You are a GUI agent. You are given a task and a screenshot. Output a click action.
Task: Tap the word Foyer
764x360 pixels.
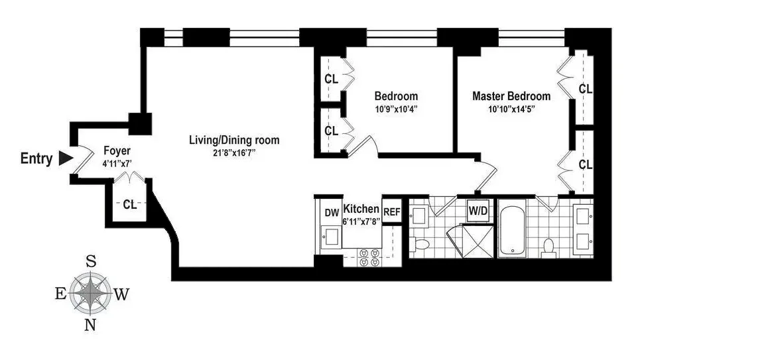tap(116, 150)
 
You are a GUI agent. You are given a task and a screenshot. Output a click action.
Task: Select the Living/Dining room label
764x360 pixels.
tap(234, 140)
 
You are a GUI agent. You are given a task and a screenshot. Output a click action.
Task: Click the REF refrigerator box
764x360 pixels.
tap(392, 213)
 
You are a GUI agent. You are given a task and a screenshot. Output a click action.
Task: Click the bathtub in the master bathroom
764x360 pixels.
tap(513, 232)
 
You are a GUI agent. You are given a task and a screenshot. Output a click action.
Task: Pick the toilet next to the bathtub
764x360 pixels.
tap(548, 247)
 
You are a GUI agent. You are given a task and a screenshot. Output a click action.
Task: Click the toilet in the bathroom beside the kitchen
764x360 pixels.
tap(420, 245)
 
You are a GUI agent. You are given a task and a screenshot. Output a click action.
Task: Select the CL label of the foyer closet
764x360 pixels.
tap(129, 205)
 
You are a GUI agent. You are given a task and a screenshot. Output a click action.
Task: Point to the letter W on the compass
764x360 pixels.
tap(121, 295)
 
